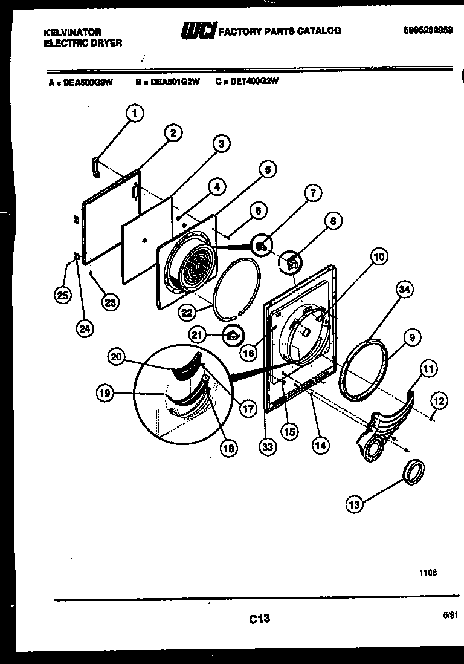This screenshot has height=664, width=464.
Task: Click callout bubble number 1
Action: click(135, 112)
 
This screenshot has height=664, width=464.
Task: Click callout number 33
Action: click(266, 448)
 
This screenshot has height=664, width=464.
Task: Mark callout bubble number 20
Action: click(117, 357)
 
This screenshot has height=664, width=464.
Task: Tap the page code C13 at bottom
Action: click(259, 619)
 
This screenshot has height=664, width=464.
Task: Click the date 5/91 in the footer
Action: click(450, 614)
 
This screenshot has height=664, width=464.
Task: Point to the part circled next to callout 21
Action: click(233, 334)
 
